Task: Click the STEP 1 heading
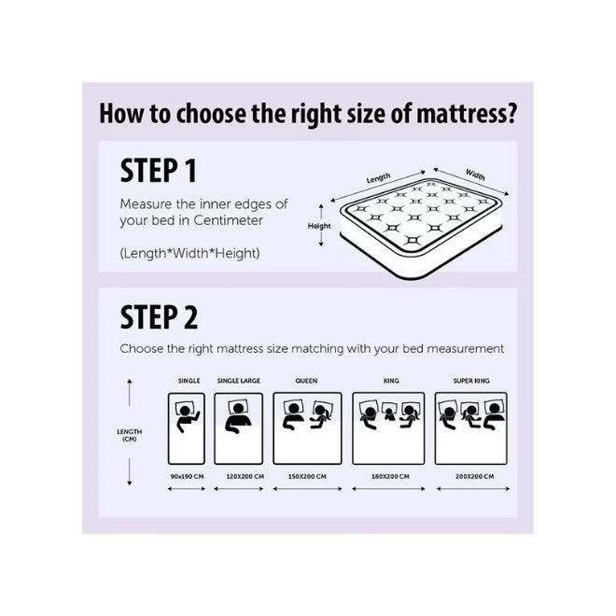(x=158, y=172)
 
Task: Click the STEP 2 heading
(x=160, y=317)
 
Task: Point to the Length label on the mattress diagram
(x=378, y=177)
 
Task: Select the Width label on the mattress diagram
(x=475, y=175)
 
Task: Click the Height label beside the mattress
(x=320, y=226)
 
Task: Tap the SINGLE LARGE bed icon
(x=238, y=427)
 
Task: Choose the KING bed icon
(x=390, y=427)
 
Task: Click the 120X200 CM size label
(x=238, y=476)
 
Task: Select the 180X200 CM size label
(x=390, y=476)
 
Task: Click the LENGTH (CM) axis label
(x=130, y=434)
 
